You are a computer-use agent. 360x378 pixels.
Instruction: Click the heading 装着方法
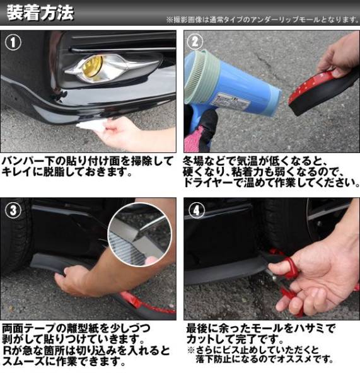point(40,13)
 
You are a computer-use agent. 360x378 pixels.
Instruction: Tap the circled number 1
point(13,42)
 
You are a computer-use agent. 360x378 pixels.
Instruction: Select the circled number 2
point(195,42)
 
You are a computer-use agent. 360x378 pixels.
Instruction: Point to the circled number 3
point(13,210)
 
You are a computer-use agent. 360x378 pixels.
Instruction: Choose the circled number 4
point(196,210)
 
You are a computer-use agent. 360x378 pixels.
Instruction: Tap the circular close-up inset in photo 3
point(140,234)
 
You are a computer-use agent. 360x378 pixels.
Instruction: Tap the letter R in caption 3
point(7,351)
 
